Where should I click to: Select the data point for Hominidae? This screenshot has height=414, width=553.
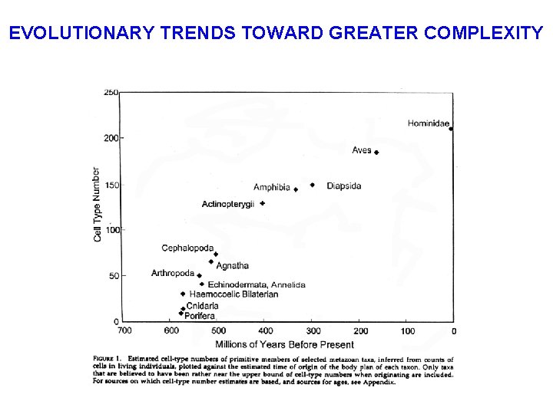tap(451, 129)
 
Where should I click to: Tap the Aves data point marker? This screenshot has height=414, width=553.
tap(376, 153)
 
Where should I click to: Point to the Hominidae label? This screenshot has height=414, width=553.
tap(428, 123)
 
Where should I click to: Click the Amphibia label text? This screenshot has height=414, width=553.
tap(272, 187)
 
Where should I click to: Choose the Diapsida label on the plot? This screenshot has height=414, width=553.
tap(343, 186)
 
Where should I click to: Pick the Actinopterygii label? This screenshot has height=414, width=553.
tap(228, 204)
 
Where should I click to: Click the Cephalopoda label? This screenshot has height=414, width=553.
tap(187, 248)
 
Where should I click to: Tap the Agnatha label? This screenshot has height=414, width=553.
tap(233, 266)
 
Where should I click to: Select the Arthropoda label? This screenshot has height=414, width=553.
tap(173, 274)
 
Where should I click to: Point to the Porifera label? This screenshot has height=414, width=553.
tap(200, 316)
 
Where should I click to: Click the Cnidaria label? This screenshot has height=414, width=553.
tap(202, 306)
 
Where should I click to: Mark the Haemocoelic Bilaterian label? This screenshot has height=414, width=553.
tap(233, 294)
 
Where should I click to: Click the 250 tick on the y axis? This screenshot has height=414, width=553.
tap(111, 92)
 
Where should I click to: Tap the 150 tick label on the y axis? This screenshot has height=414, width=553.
tap(111, 184)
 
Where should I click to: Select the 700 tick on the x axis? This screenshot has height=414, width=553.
tap(124, 331)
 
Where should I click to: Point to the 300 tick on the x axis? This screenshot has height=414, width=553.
tap(313, 331)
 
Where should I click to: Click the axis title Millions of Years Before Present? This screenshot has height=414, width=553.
tap(286, 344)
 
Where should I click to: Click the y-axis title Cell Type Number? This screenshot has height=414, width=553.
tap(98, 205)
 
